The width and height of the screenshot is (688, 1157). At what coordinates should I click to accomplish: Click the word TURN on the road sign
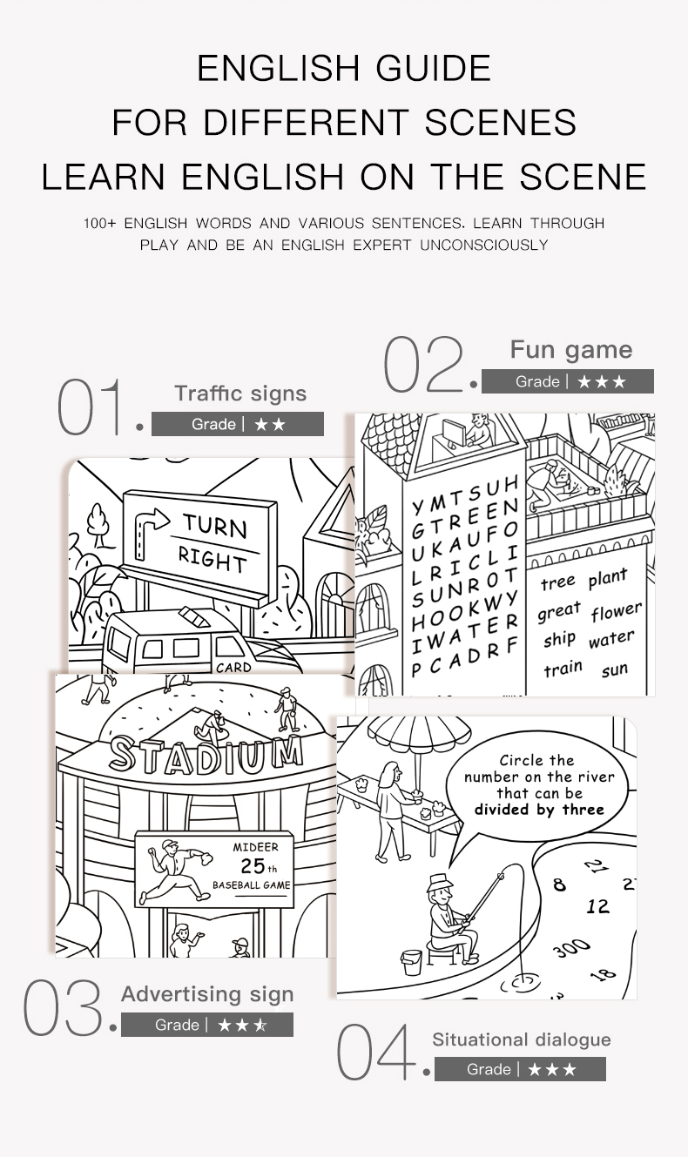[214, 526]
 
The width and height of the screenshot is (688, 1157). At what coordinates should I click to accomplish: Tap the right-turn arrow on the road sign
[151, 534]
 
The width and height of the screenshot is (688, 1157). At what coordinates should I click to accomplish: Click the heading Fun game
[571, 350]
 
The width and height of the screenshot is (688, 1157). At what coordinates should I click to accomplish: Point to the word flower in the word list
[617, 611]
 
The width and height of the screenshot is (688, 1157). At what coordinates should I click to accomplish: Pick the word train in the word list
[563, 669]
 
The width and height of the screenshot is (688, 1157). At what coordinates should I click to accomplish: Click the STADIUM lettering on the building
[206, 755]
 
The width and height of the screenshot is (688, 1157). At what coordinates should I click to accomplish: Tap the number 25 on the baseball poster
[253, 865]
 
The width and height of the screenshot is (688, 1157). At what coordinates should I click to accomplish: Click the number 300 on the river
[571, 946]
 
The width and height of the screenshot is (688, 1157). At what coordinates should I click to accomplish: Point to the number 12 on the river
[597, 906]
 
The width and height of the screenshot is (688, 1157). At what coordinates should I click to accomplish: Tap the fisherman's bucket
[412, 962]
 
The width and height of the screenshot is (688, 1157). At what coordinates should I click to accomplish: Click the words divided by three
[539, 810]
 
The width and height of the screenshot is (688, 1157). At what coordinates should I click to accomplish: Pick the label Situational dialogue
[522, 1039]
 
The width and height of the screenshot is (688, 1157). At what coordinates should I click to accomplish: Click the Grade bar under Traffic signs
[238, 424]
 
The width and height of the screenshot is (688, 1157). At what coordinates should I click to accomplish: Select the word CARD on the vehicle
[233, 668]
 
